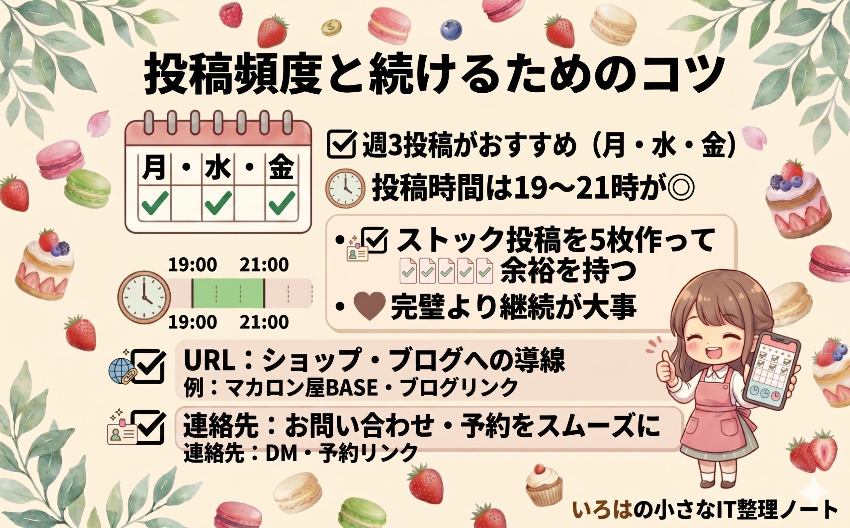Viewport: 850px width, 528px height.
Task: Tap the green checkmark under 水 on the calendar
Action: (218, 203)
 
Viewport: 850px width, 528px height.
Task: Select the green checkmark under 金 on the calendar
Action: (282, 203)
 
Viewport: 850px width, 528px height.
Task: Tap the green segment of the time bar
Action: (228, 293)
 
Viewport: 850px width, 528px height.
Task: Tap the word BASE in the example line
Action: (355, 387)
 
